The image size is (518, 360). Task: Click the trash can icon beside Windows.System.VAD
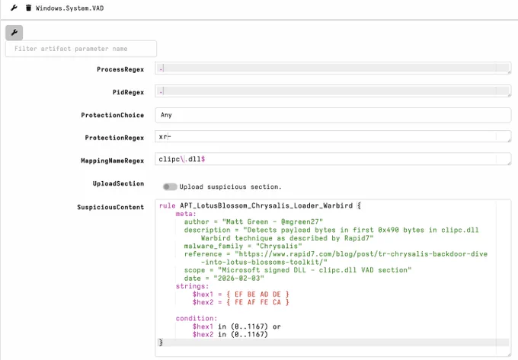(28, 8)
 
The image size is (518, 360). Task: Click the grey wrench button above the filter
(14, 33)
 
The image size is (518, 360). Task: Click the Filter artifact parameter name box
(81, 49)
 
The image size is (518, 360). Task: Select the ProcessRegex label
(120, 69)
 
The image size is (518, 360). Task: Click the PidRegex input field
(333, 91)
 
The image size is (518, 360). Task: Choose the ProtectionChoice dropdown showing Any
(333, 115)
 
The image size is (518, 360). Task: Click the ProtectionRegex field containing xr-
(333, 136)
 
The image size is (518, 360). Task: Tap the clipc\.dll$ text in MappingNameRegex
(182, 159)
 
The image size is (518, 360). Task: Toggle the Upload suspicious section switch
(170, 186)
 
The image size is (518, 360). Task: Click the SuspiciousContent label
(110, 207)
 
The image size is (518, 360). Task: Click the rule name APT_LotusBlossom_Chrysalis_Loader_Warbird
(267, 205)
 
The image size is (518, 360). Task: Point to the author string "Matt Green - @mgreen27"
(273, 221)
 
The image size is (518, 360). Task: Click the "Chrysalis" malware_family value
(279, 246)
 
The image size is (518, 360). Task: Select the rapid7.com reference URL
(361, 258)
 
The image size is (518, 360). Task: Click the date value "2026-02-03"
(239, 278)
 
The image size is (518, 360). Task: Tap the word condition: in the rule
(197, 318)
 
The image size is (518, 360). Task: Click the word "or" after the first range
(277, 327)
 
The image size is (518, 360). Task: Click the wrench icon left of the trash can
(14, 8)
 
